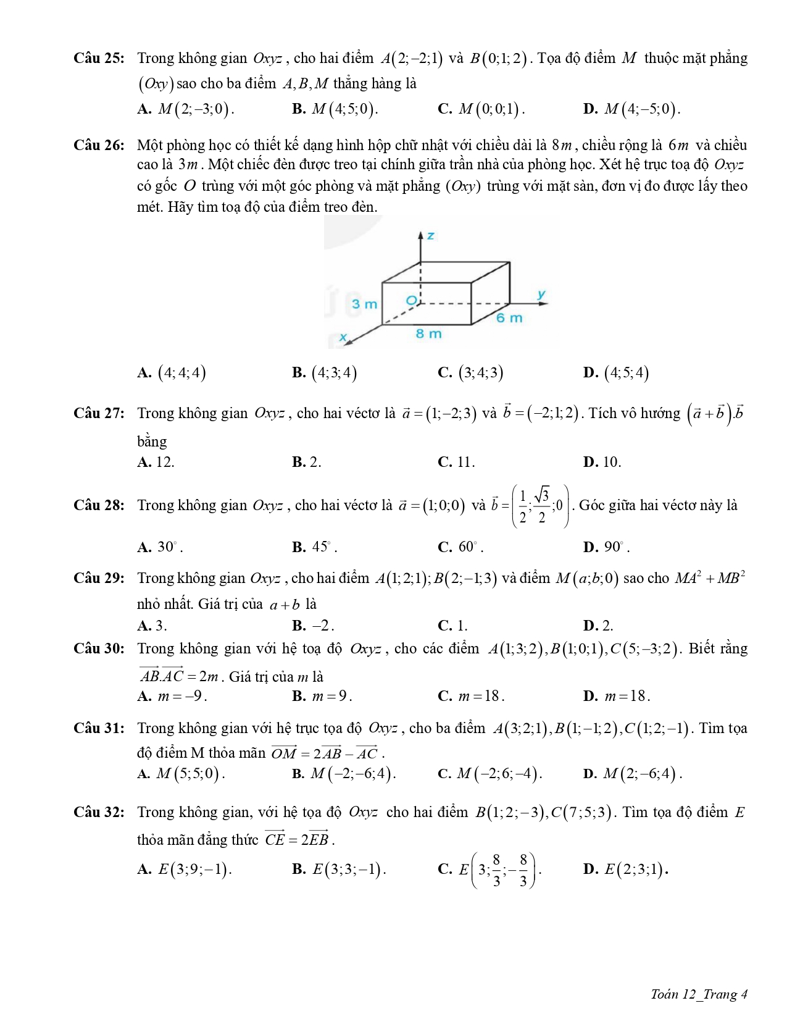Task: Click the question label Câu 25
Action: (98, 59)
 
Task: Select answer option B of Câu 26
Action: (325, 372)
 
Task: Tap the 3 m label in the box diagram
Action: (364, 304)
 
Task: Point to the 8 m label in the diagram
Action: (428, 333)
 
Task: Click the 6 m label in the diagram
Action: (509, 318)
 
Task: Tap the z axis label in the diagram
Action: (431, 235)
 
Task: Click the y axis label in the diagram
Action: (541, 294)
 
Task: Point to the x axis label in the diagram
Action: (344, 337)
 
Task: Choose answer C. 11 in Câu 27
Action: (456, 462)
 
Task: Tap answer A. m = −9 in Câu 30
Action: (172, 696)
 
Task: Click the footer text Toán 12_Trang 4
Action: (699, 994)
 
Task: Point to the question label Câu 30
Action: (98, 648)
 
